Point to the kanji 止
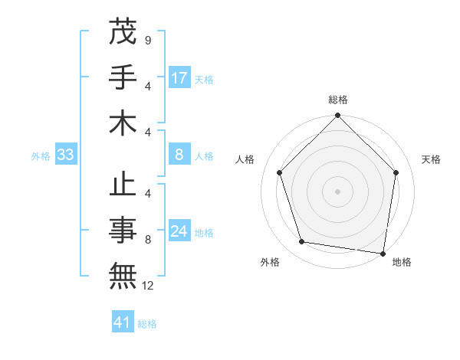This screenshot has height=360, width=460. click(x=123, y=187)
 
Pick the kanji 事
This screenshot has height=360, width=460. click(x=123, y=232)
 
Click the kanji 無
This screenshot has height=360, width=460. click(x=123, y=277)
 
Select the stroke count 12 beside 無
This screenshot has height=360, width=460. click(x=148, y=286)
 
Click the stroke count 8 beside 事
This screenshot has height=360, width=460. click(x=148, y=241)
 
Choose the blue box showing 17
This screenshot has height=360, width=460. click(x=179, y=77)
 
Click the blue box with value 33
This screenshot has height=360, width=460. click(x=65, y=155)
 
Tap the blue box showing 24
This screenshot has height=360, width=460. click(x=179, y=232)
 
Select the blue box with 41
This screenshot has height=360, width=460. click(x=123, y=322)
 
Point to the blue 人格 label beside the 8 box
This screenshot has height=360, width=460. click(x=204, y=155)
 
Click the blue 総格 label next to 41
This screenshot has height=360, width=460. click(x=147, y=323)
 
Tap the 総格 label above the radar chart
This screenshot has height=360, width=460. click(x=338, y=100)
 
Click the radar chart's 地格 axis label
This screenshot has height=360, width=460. click(x=402, y=262)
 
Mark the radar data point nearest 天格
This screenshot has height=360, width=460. click(x=396, y=172)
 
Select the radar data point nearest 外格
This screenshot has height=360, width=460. click(x=302, y=242)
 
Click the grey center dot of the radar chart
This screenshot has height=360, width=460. click(x=337, y=191)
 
